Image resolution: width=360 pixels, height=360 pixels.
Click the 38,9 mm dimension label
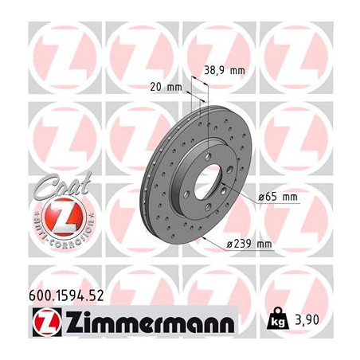[225, 70]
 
